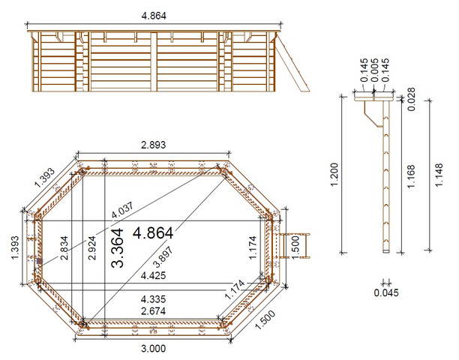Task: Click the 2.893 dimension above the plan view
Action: [153, 145]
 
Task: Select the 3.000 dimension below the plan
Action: [154, 349]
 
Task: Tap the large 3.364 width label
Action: [118, 248]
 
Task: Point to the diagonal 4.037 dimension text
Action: [123, 210]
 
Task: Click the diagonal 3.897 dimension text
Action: [163, 256]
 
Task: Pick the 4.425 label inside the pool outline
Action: [153, 275]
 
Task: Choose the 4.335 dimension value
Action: [153, 299]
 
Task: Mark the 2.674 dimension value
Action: [153, 310]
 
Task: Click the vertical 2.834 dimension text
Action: [64, 248]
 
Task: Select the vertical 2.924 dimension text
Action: [92, 248]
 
